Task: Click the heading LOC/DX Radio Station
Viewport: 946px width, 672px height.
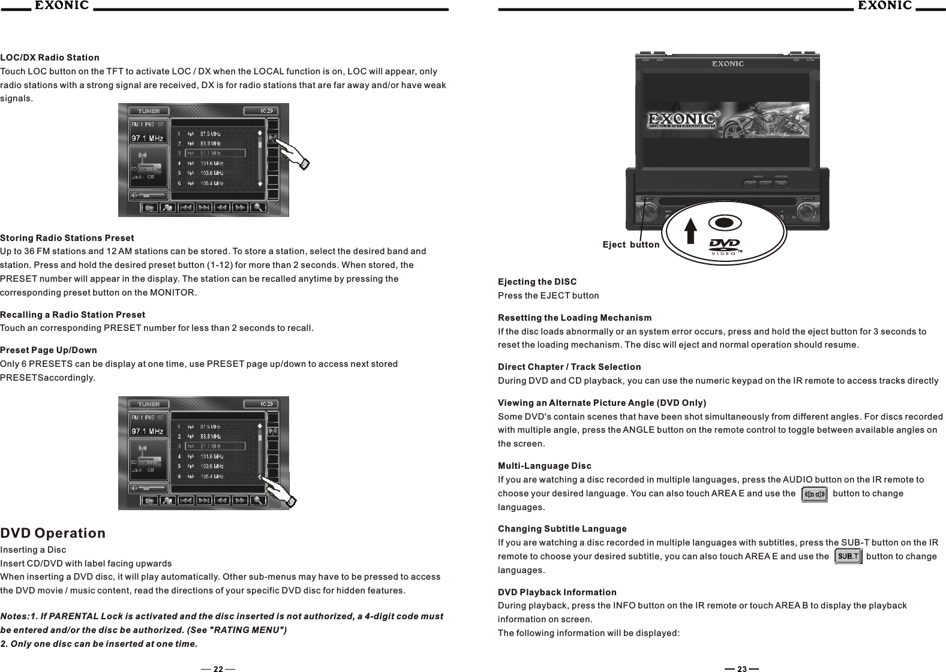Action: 50,58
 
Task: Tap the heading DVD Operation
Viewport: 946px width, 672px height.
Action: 53,533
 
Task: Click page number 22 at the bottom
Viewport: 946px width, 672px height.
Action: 218,669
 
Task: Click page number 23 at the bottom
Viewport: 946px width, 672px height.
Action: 742,669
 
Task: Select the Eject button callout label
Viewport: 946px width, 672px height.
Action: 630,245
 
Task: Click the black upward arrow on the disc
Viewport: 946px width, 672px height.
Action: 691,230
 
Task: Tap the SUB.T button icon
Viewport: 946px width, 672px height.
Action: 848,556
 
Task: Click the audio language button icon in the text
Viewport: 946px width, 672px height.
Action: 814,494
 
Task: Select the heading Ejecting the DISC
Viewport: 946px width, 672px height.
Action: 537,282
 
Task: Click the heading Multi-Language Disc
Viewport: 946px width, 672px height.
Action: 544,466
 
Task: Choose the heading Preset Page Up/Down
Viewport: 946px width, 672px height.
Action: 49,350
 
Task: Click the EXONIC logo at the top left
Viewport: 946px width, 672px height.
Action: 61,6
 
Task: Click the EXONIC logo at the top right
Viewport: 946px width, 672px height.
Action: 884,6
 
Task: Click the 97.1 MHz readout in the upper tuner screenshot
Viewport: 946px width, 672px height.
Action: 148,138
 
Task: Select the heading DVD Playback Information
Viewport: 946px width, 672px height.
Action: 557,592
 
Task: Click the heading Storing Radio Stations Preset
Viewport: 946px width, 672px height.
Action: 67,238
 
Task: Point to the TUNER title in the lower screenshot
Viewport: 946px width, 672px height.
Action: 149,404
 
